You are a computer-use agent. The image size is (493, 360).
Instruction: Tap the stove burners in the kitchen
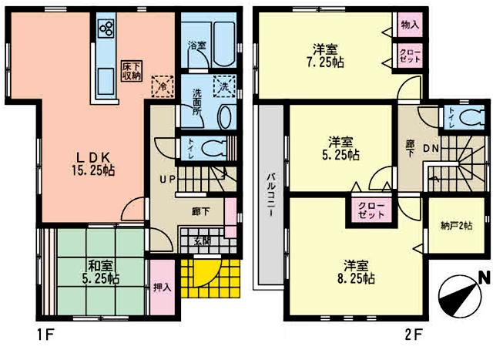[106, 30]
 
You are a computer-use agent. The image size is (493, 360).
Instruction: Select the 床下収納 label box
[129, 71]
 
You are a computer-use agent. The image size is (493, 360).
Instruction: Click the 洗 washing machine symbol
[224, 87]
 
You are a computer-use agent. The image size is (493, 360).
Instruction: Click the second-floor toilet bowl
[466, 118]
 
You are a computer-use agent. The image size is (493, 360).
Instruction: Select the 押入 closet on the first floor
[162, 287]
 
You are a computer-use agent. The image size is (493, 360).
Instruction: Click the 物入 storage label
[410, 25]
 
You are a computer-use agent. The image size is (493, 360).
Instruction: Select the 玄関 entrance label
[201, 241]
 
